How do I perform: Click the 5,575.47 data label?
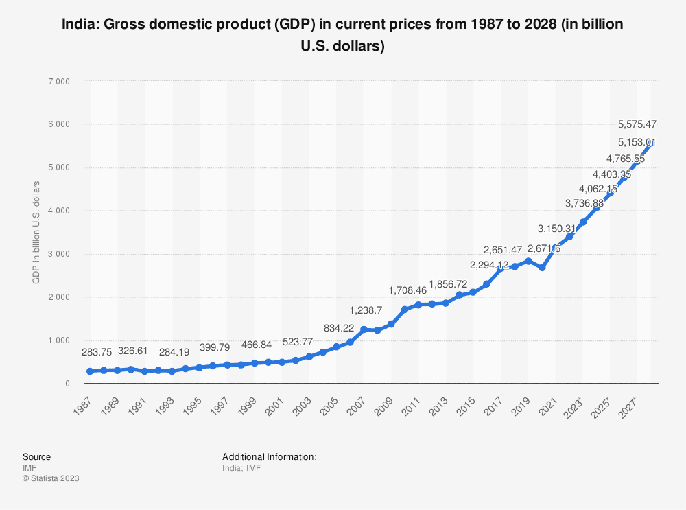pos(637,124)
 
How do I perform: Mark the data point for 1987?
pos(90,371)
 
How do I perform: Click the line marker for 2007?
pos(364,329)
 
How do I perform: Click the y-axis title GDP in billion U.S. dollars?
pos(36,232)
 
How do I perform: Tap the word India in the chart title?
pos(77,25)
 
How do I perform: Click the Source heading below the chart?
pos(36,456)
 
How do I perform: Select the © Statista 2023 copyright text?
pos(51,478)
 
